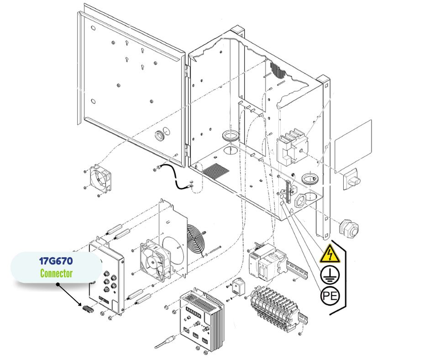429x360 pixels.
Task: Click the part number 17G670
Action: point(56,262)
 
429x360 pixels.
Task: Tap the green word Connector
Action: point(56,274)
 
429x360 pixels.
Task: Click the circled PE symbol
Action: point(330,296)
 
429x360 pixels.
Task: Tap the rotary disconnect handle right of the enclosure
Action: point(351,177)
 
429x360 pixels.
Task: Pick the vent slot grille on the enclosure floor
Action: point(215,171)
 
